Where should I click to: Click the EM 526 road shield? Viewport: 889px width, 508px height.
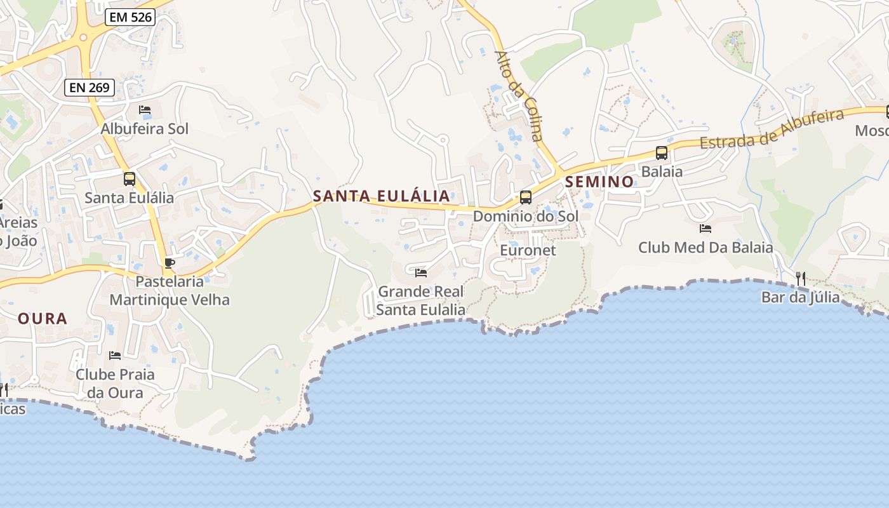pyautogui.click(x=131, y=17)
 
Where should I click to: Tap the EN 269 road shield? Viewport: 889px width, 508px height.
pyautogui.click(x=90, y=88)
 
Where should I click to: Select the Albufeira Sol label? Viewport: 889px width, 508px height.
pyautogui.click(x=145, y=129)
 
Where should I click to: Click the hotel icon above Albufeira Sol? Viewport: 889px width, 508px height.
pyautogui.click(x=145, y=110)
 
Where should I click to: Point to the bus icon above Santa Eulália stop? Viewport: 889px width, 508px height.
pyautogui.click(x=130, y=178)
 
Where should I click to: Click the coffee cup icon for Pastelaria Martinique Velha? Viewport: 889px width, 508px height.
pyautogui.click(x=169, y=263)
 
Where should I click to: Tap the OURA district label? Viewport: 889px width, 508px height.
pyautogui.click(x=43, y=319)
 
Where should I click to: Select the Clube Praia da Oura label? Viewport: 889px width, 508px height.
pyautogui.click(x=115, y=383)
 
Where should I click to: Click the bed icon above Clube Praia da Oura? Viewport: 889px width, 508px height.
pyautogui.click(x=115, y=356)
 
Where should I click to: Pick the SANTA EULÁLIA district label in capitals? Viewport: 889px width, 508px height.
pyautogui.click(x=382, y=196)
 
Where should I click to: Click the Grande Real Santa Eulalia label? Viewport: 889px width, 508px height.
pyautogui.click(x=421, y=300)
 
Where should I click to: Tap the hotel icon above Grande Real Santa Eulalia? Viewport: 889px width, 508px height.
pyautogui.click(x=420, y=273)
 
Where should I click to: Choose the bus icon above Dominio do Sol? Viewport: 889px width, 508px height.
pyautogui.click(x=526, y=197)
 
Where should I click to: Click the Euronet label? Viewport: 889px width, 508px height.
pyautogui.click(x=528, y=250)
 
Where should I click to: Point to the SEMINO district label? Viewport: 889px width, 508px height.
pyautogui.click(x=599, y=182)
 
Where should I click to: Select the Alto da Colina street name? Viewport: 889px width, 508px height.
pyautogui.click(x=520, y=95)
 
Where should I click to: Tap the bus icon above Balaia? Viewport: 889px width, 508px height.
pyautogui.click(x=662, y=152)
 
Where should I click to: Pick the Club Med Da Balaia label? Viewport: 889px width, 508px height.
pyautogui.click(x=705, y=248)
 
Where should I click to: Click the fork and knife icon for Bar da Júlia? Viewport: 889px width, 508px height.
pyautogui.click(x=801, y=278)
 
